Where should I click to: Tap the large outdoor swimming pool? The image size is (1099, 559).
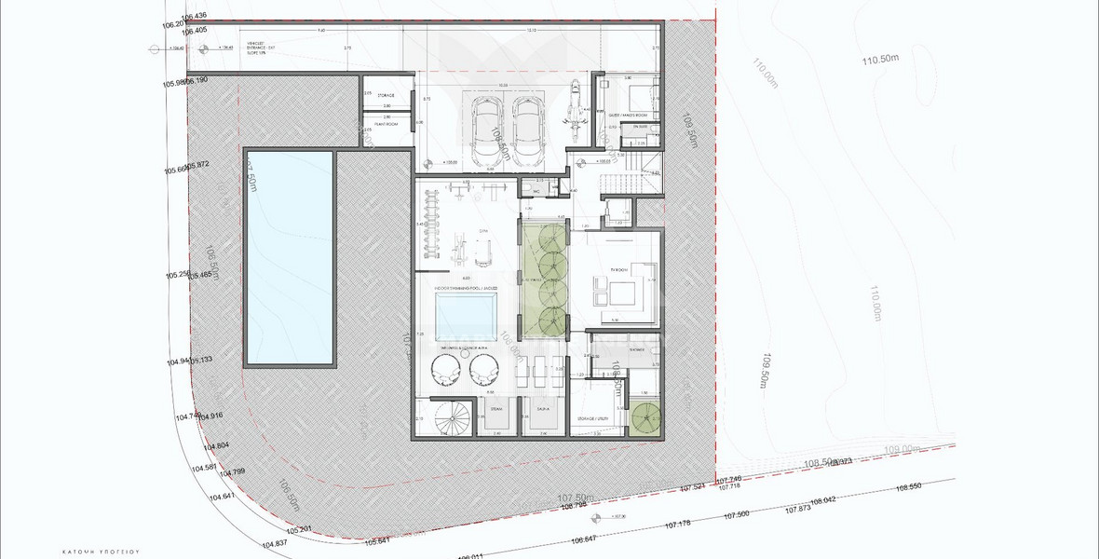pos(289,257)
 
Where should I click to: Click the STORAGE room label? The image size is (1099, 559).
pos(385,96)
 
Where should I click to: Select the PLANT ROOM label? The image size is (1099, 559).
pos(385,121)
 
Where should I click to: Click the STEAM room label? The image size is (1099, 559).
pos(495,407)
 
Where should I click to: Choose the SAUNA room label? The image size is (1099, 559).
pos(541,407)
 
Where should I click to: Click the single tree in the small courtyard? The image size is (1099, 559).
pos(644,420)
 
